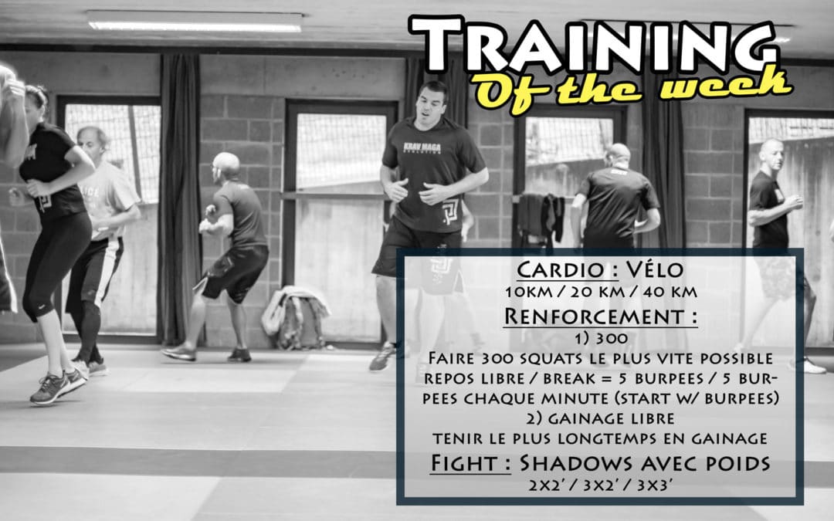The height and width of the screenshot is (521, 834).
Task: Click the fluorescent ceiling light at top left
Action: (x=194, y=22)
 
